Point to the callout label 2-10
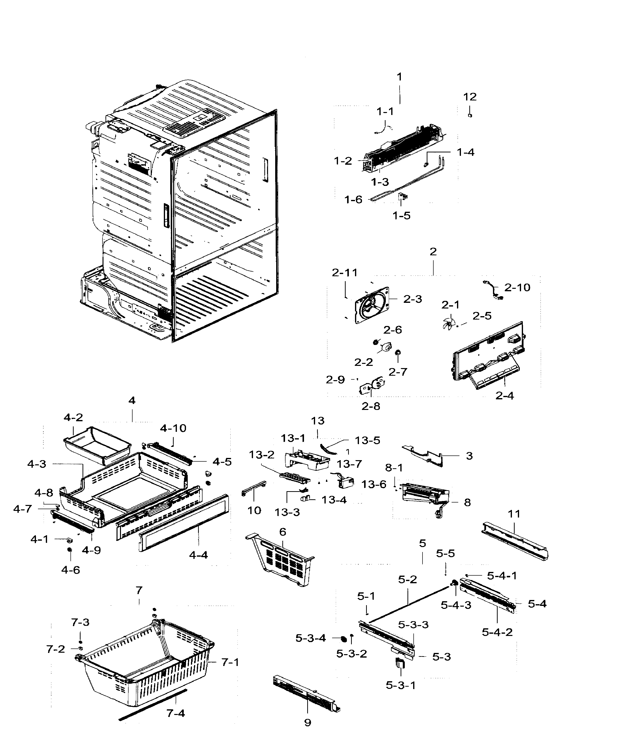517,288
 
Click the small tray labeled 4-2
97,443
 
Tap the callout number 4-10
173,428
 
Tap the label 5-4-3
456,605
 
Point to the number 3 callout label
469,456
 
